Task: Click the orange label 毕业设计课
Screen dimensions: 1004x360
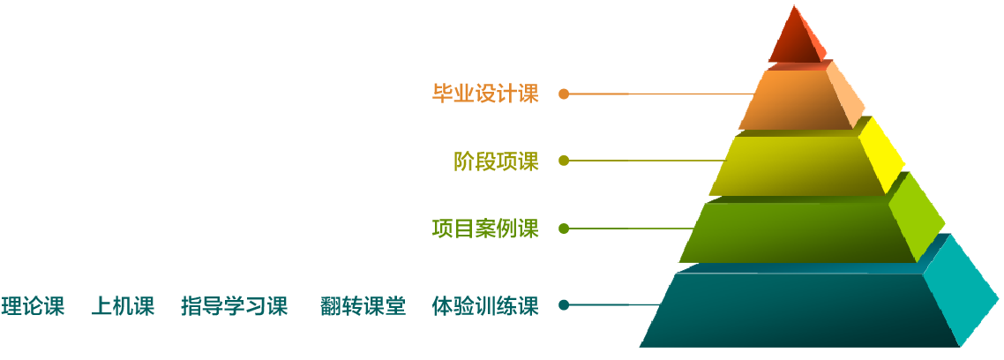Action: pos(485,94)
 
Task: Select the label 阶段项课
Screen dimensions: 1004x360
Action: pos(496,161)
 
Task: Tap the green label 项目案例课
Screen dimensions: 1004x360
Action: pos(485,229)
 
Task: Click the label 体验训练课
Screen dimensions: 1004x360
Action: pos(485,305)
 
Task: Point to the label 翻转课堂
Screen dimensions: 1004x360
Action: pos(363,305)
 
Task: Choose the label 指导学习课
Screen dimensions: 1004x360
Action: pos(235,305)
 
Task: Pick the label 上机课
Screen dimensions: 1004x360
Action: pos(123,305)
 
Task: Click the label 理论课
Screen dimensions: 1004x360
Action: pos(33,305)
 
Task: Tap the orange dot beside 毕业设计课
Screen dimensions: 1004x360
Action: pos(564,94)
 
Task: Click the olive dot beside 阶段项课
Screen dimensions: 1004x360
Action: pos(564,161)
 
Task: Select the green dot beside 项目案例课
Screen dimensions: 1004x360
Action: pos(564,228)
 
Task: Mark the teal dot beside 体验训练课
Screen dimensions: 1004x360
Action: pos(564,305)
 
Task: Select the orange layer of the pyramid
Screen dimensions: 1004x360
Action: pos(794,100)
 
